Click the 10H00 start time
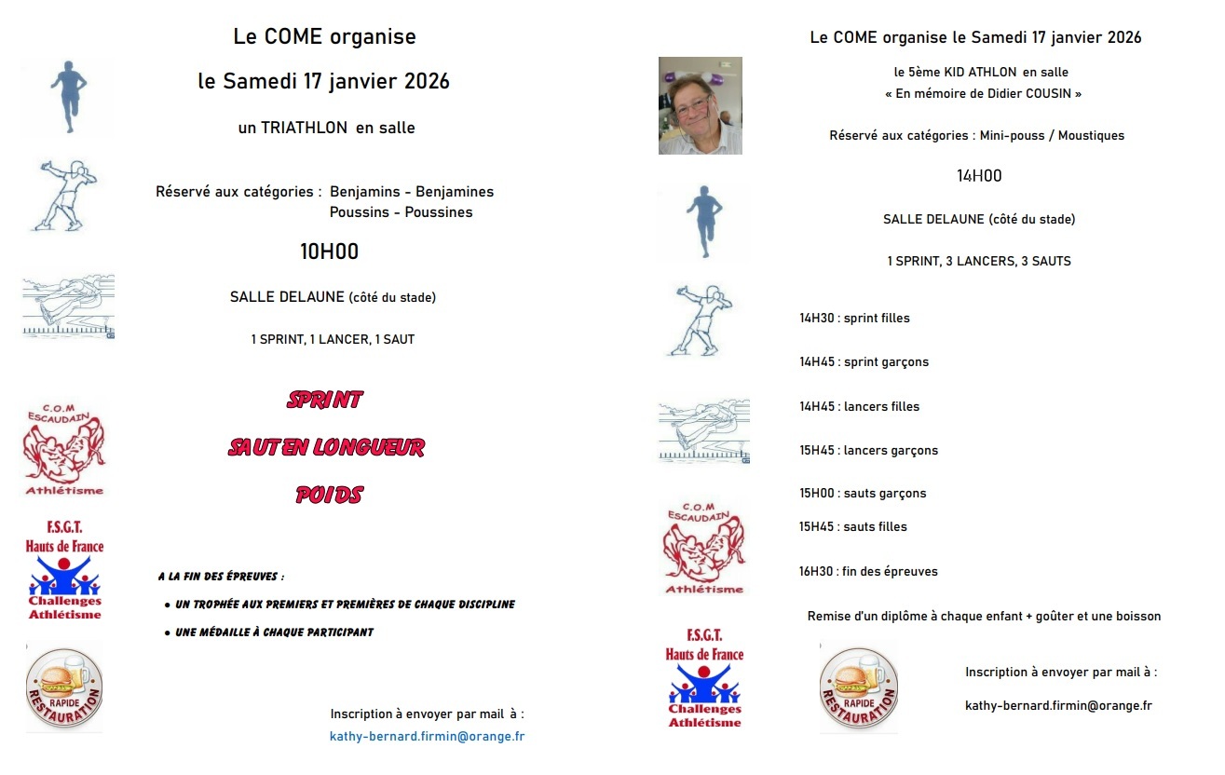(x=329, y=252)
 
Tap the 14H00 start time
(x=979, y=176)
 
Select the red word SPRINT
(x=324, y=400)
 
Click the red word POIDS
(x=328, y=495)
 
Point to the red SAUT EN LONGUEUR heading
(x=326, y=447)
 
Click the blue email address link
(x=427, y=736)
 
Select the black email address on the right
(x=1058, y=705)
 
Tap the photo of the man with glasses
(x=700, y=105)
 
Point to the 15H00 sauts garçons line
(x=863, y=493)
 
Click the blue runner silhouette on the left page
(x=66, y=98)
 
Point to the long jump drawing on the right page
(x=703, y=430)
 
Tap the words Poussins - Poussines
(x=401, y=212)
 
